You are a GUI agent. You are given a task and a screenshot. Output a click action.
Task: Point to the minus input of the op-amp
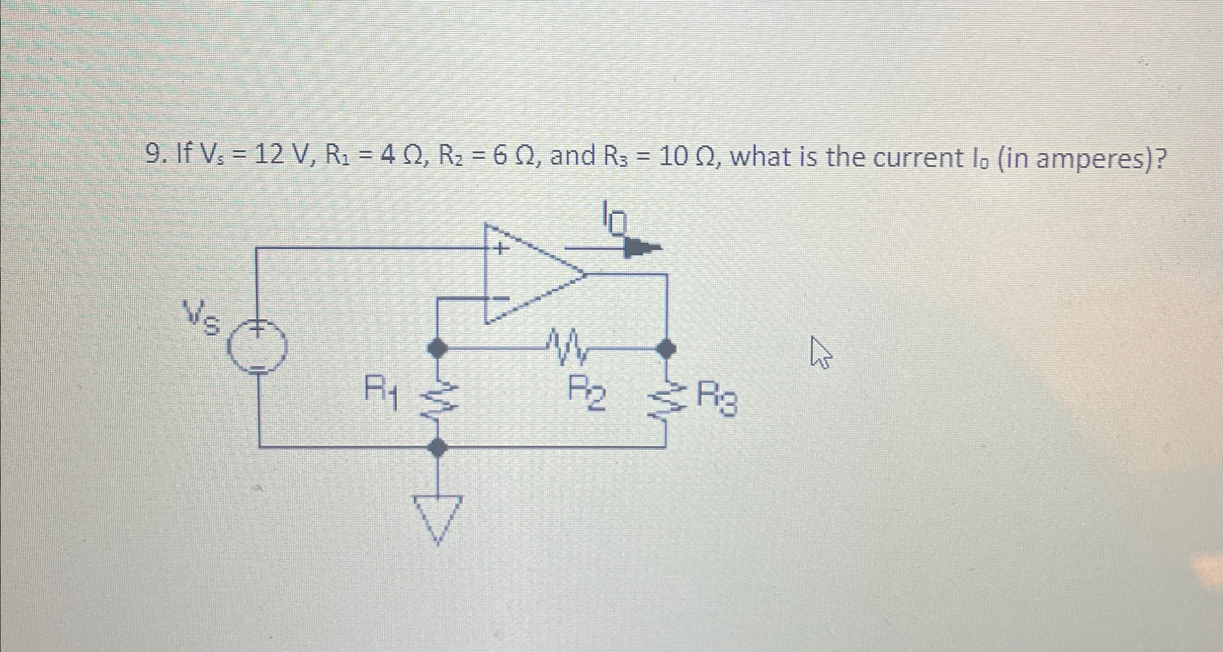[500, 298]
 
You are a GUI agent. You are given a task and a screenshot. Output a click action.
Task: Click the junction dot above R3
[666, 348]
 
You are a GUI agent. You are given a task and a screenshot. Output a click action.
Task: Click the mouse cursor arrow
[820, 352]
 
